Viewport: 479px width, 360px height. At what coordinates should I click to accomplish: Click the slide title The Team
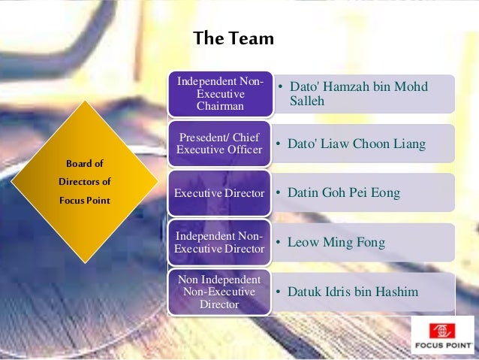pyautogui.click(x=233, y=38)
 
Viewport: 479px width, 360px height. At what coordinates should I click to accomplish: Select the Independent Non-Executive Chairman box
pyautogui.click(x=219, y=94)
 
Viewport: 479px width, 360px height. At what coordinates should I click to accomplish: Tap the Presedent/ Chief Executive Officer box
pyautogui.click(x=219, y=144)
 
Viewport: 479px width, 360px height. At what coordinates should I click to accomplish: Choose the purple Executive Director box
pyautogui.click(x=219, y=193)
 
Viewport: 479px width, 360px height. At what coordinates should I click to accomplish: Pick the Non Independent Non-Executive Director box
pyautogui.click(x=219, y=292)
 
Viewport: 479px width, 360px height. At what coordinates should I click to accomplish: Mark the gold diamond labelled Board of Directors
pyautogui.click(x=84, y=182)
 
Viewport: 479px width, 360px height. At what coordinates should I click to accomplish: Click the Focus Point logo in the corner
pyautogui.click(x=442, y=335)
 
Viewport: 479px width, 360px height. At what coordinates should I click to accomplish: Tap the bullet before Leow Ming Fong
pyautogui.click(x=279, y=243)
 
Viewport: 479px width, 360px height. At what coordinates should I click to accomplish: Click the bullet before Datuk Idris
pyautogui.click(x=279, y=292)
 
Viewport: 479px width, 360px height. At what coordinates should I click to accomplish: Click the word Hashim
pyautogui.click(x=398, y=292)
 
